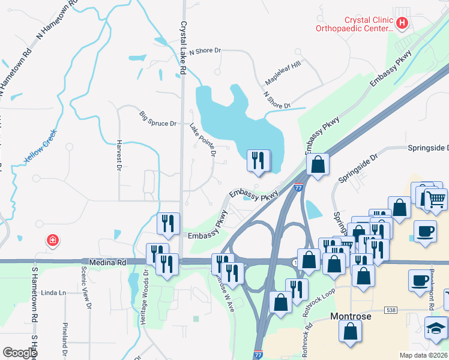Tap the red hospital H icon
[x=402, y=24]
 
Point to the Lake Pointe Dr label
[x=203, y=140]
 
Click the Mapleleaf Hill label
[x=283, y=75]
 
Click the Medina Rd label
[x=106, y=262]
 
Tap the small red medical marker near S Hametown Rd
[x=53, y=241]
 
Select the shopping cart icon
[x=437, y=199]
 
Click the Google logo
[x=19, y=352]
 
